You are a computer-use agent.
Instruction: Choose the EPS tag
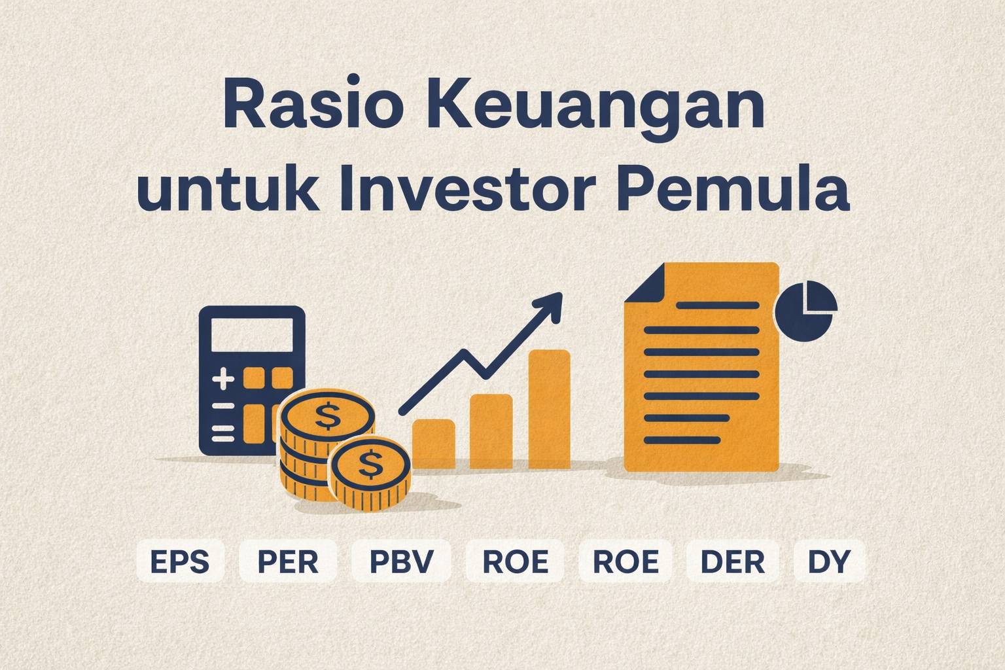pos(180,561)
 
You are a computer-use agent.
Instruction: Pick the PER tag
pos(288,561)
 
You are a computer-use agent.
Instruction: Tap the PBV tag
pos(401,561)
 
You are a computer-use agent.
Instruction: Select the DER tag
pos(732,561)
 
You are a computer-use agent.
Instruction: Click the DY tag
pos(828,561)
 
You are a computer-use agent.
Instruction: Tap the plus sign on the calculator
pos(223,379)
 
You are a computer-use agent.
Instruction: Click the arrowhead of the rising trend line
pos(551,304)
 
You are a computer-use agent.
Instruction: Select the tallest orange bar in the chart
pos(549,409)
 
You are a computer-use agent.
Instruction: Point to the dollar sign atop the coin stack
pos(327,415)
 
